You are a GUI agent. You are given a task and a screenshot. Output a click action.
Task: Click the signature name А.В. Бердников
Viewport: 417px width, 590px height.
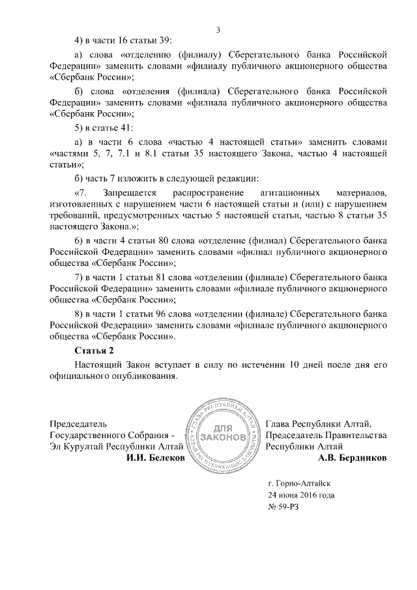click(352, 458)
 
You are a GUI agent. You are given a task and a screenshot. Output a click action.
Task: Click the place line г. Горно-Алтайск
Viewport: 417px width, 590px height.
click(300, 483)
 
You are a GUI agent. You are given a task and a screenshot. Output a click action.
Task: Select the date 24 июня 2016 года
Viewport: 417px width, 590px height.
click(302, 495)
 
